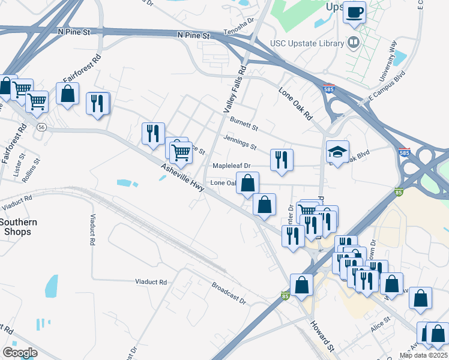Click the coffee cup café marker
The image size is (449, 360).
pos(354,13)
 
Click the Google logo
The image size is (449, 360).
pos(20,352)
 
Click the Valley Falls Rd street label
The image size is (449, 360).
pos(234,89)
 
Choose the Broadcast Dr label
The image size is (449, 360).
pos(229,292)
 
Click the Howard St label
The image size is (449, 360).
pos(321,336)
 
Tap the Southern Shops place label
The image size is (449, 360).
pos(18,227)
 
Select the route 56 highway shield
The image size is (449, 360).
pos(41,127)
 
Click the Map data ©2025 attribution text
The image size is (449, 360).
pos(423,355)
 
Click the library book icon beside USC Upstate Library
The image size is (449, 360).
pos(354,43)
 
